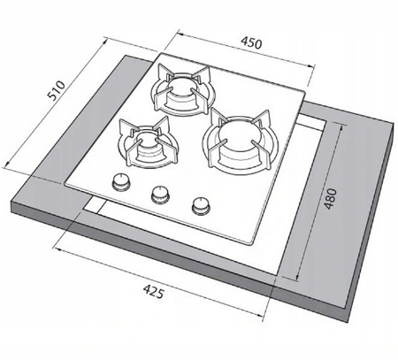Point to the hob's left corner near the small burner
[x=69, y=180]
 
